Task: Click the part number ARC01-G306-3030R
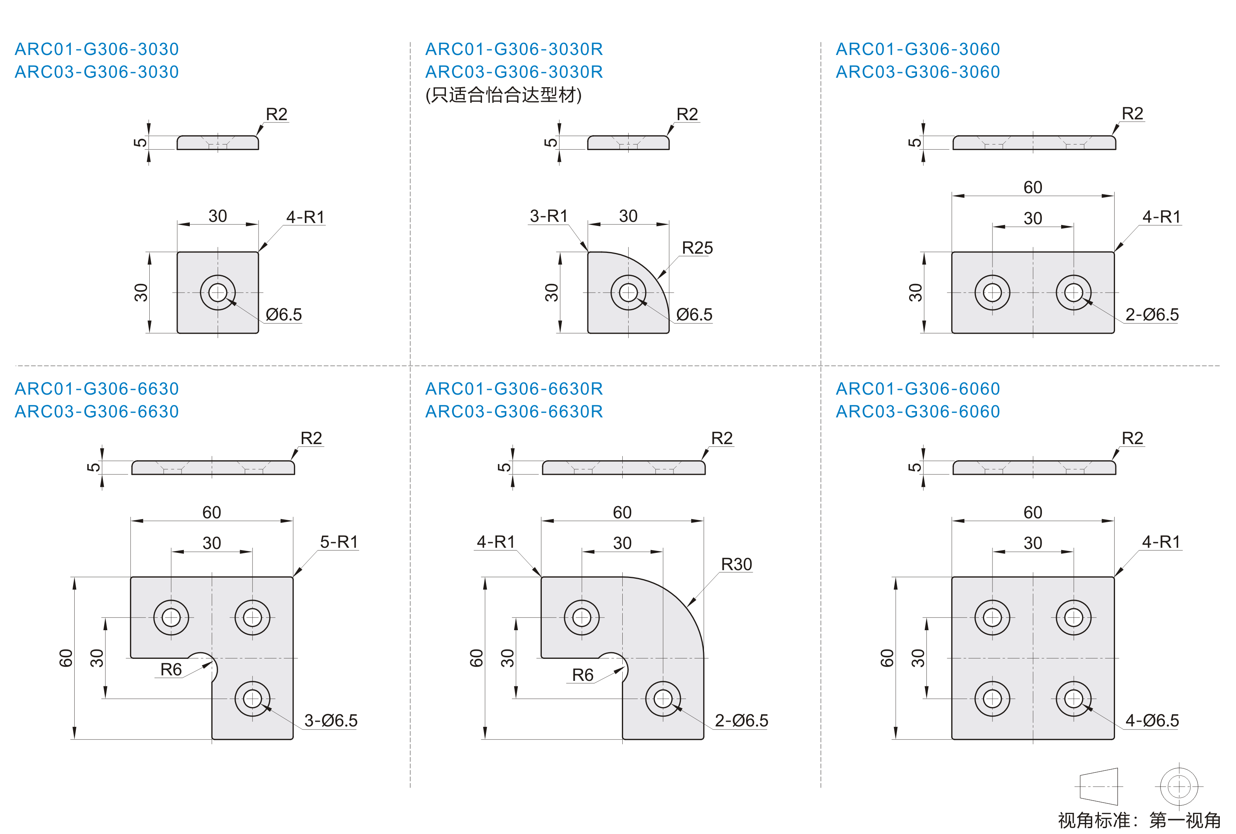(514, 49)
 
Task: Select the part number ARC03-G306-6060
(917, 412)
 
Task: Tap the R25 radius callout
(697, 248)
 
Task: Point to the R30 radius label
(737, 564)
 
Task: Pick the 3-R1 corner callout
(549, 216)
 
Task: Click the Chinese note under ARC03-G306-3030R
(503, 95)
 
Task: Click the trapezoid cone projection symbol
(1098, 786)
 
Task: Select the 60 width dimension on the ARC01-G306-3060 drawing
(1032, 187)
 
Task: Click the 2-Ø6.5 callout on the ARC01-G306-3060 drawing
(1152, 314)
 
